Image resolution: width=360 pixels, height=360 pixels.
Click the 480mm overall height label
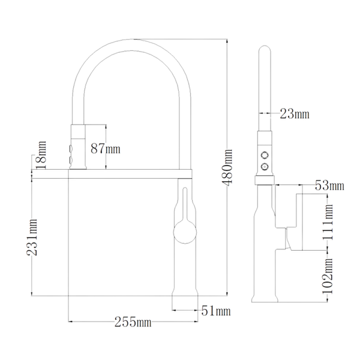click(x=227, y=167)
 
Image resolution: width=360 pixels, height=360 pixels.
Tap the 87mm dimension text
click(x=106, y=149)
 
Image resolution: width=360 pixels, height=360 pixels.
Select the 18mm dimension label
click(x=41, y=155)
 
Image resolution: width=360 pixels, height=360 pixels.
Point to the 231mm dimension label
click(x=32, y=238)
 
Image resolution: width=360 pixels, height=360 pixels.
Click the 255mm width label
click(x=133, y=322)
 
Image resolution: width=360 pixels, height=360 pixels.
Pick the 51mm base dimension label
click(x=216, y=311)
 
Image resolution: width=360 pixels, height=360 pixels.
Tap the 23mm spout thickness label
click(x=295, y=113)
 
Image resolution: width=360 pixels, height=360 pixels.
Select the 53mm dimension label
click(x=329, y=185)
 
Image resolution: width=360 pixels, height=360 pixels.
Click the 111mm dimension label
click(x=328, y=222)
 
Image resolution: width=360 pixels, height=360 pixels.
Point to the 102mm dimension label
click(x=328, y=277)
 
